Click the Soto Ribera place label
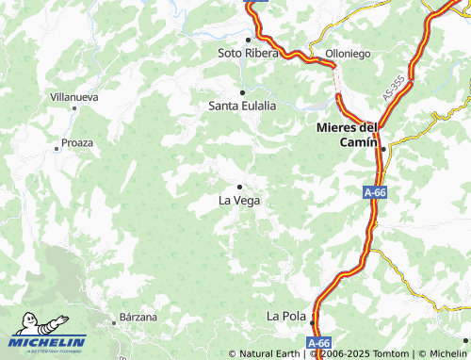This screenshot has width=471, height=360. tap(248, 54)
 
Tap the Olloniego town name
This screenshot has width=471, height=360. tap(348, 54)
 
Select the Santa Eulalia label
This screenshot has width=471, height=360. tap(242, 106)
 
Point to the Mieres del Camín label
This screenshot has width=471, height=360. tap(348, 134)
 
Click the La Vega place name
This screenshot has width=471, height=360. tap(239, 201)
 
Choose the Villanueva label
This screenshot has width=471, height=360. tap(74, 96)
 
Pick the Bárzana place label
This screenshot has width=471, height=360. tap(138, 317)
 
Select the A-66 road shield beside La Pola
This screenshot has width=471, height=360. tap(319, 344)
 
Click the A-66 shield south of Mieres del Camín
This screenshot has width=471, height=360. tap(375, 192)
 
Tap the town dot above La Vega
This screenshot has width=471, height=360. tap(239, 187)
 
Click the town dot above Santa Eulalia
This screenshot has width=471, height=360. tap(242, 92)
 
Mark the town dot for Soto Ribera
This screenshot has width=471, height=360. tap(248, 40)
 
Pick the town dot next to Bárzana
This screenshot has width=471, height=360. tap(114, 322)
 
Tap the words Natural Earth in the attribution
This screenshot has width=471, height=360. tap(270, 354)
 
